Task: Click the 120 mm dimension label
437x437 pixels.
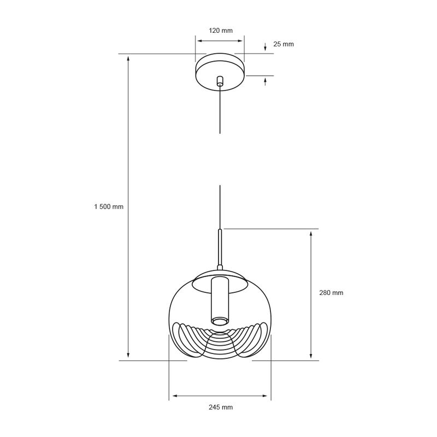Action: pos(221,31)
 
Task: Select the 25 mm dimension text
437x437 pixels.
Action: pos(284,44)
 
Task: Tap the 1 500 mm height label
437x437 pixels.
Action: pos(109,206)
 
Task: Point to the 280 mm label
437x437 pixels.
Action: pos(331,293)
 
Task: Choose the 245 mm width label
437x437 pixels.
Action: pos(221,407)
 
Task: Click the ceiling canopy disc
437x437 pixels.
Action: pos(220,72)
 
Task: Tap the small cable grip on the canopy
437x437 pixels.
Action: pos(220,80)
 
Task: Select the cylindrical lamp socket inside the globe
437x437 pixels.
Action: pos(220,302)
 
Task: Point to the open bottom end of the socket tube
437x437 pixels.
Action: pos(220,322)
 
